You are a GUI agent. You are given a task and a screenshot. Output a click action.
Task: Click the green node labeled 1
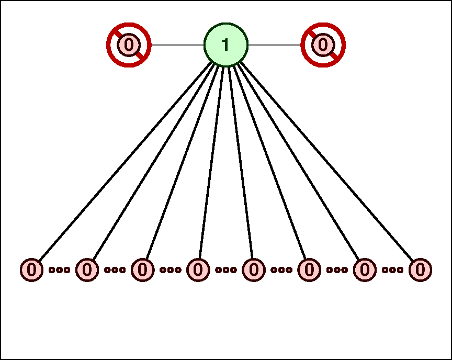click(x=226, y=45)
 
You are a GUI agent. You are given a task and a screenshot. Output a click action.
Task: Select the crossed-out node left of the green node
click(x=129, y=45)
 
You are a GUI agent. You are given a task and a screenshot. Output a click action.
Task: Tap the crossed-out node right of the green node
click(x=323, y=45)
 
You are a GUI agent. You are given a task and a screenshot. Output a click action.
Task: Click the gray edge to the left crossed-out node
click(x=177, y=45)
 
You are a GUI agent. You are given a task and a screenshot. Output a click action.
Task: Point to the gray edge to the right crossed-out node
click(x=275, y=45)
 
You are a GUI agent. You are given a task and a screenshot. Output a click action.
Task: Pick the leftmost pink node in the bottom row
click(x=32, y=270)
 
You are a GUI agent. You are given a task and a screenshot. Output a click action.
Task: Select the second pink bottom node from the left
click(x=87, y=270)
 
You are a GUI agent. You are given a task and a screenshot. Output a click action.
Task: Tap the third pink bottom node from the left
click(x=143, y=270)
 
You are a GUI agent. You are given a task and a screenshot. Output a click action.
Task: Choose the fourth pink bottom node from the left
click(x=198, y=270)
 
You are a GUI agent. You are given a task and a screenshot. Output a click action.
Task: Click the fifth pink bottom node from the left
click(x=254, y=270)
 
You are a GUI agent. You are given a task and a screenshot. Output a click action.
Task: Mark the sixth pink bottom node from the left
click(x=309, y=270)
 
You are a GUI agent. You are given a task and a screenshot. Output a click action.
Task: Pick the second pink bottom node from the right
click(x=365, y=270)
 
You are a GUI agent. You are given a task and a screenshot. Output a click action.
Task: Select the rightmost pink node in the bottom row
click(x=420, y=270)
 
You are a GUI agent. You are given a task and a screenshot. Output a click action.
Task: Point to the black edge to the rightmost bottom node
click(x=327, y=161)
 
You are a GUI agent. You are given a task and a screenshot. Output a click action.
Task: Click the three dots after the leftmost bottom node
click(x=60, y=270)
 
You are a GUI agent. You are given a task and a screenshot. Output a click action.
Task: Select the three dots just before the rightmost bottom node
click(x=392, y=270)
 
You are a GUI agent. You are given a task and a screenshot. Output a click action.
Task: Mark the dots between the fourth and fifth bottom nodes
click(x=226, y=270)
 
